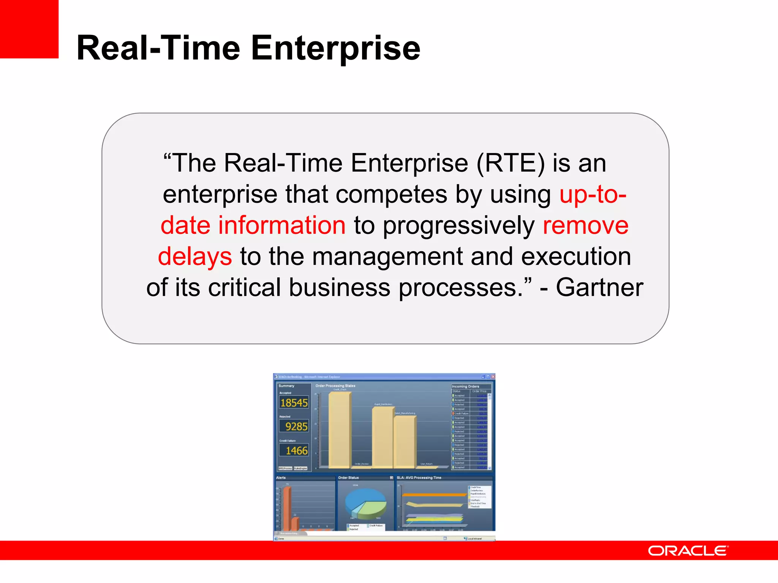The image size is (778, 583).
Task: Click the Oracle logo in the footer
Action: point(688,551)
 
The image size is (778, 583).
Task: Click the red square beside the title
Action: point(29,29)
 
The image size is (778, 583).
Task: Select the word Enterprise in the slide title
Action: point(335,48)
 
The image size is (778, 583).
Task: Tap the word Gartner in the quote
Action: point(599,287)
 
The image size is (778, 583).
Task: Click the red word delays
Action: point(194,256)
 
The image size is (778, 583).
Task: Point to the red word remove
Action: point(585,225)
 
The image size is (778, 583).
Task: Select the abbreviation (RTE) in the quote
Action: point(510,163)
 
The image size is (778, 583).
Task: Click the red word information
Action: point(281,225)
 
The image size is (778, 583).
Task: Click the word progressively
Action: point(459,226)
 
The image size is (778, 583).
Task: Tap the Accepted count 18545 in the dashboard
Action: point(294,403)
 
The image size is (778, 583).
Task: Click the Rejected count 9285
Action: point(296,427)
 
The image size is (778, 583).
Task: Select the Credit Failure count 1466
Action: point(296,451)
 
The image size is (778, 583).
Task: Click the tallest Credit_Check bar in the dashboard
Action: point(339,429)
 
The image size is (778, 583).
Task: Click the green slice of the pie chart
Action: point(373,509)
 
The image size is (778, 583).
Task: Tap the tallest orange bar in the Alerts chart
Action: point(287,509)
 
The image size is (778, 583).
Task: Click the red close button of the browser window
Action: point(493,377)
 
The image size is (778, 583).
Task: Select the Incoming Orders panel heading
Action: point(465,386)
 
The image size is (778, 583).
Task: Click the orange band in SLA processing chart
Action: point(433,495)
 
